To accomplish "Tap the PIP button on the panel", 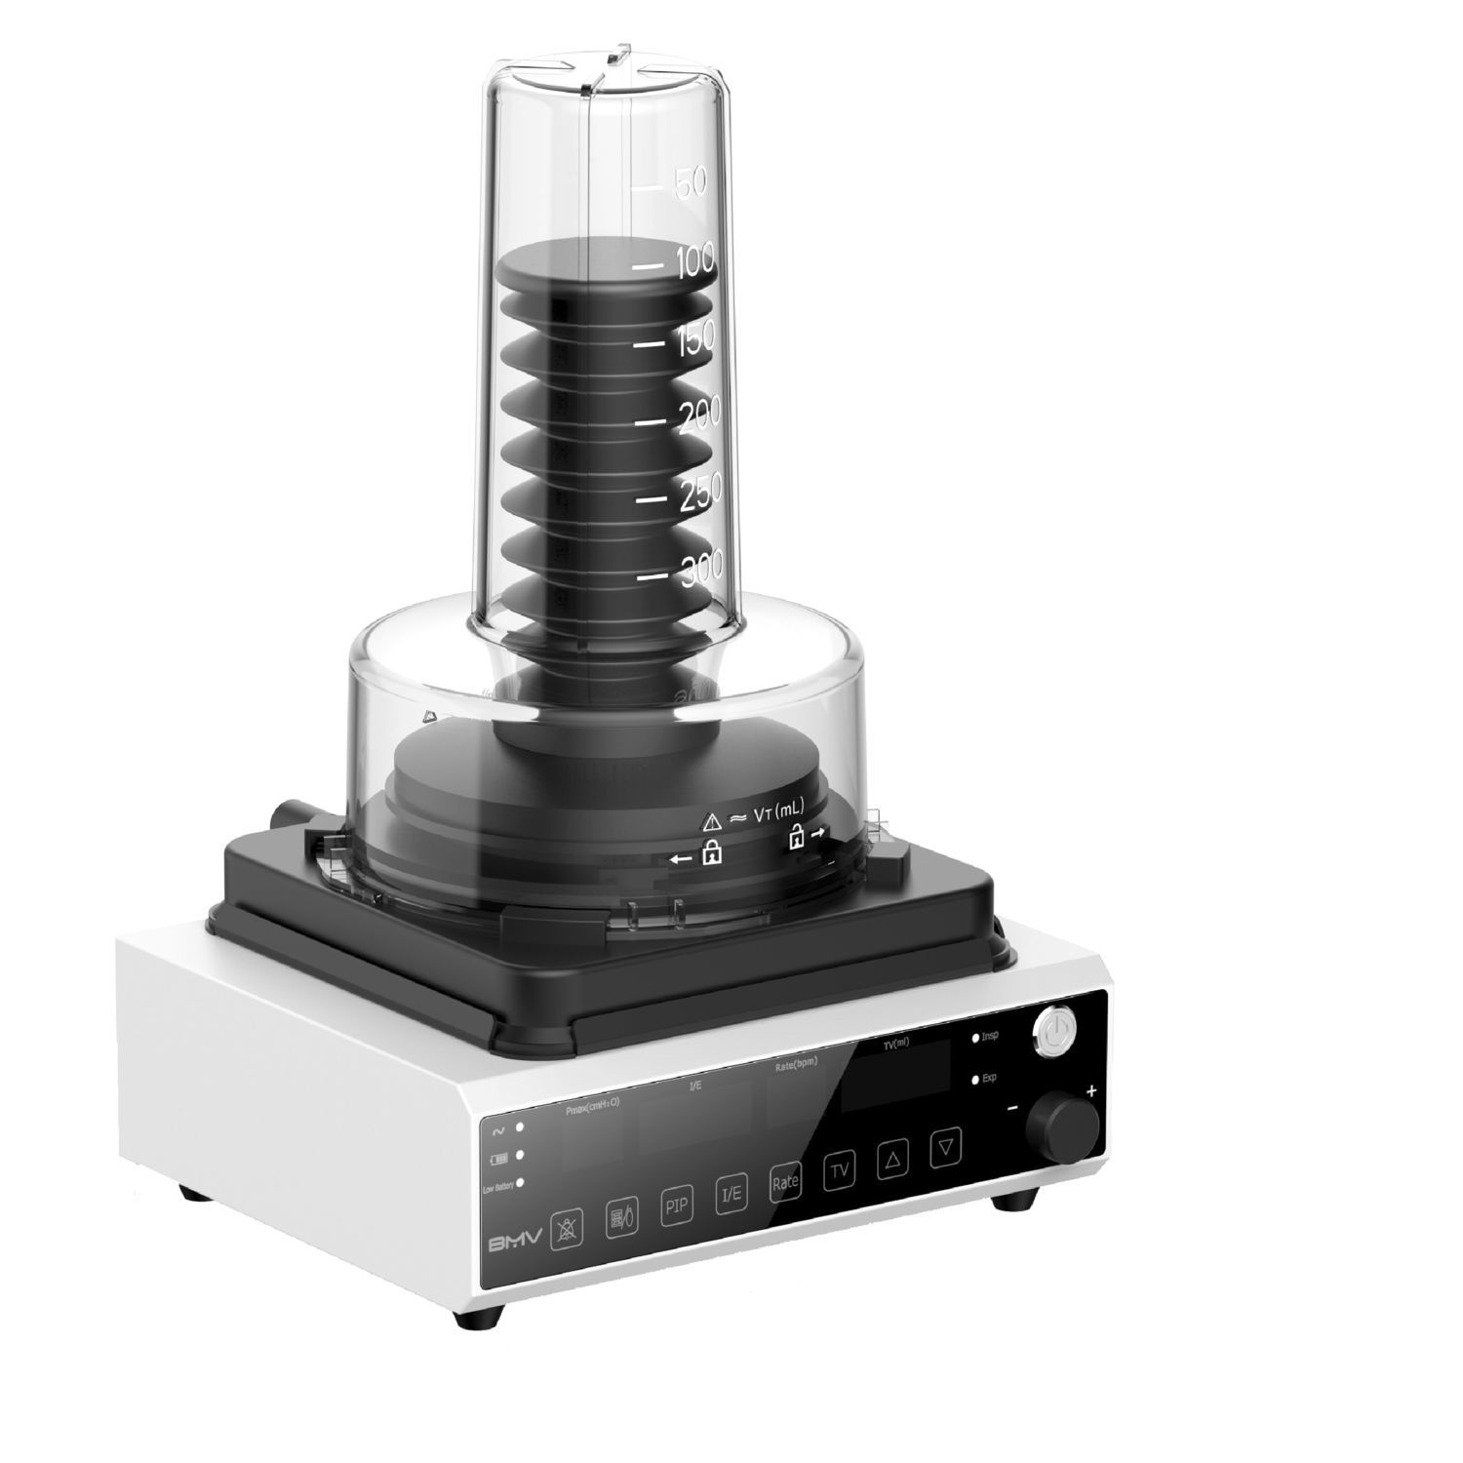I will point(676,1206).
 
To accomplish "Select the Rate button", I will point(784,1183).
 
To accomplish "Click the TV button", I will point(839,1171).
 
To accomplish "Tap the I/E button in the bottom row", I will point(731,1195).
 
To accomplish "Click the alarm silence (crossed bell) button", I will point(566,1228).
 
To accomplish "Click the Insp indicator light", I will point(975,1040).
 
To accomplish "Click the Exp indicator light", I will point(975,1080).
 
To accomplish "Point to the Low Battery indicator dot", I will point(520,1183).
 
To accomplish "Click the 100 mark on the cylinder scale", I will point(692,261).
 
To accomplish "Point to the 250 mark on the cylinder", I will point(700,493).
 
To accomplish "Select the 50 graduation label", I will point(690,181).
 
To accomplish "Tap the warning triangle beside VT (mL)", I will point(712,820).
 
